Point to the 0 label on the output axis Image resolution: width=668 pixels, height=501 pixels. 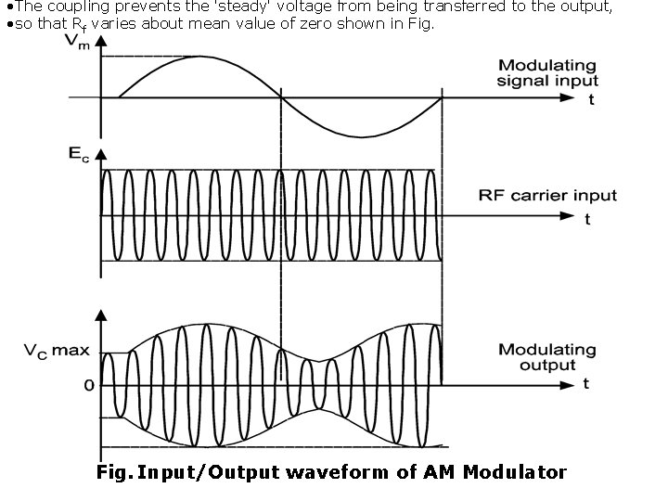(88, 384)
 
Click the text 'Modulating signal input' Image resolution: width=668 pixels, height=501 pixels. (546, 73)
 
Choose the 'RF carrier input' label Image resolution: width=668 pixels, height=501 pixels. (547, 196)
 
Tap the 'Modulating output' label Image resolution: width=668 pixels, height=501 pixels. (546, 357)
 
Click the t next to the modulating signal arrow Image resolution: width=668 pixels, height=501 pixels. (591, 100)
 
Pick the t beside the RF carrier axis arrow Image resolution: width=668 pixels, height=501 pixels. (587, 220)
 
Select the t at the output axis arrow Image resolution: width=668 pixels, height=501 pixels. (585, 384)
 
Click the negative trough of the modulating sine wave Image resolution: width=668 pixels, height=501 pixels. (362, 136)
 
